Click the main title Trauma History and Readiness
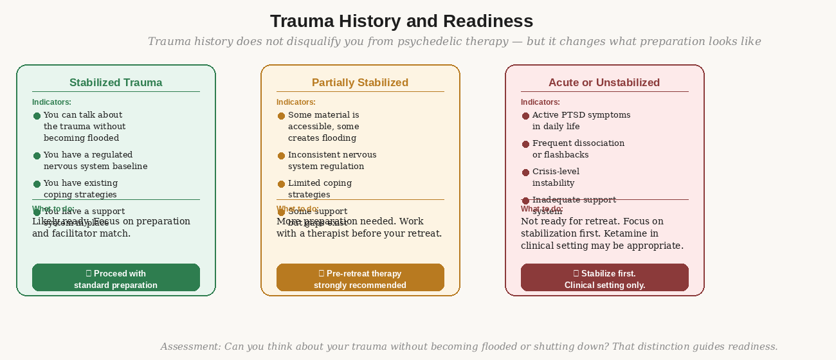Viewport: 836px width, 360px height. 401,21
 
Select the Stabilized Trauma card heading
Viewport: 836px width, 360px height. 116,82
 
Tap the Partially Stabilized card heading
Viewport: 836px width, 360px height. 360,82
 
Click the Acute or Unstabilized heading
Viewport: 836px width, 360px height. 604,82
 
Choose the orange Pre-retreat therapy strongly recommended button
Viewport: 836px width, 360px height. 360,278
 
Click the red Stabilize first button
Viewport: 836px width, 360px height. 604,278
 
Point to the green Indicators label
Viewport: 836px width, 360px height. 51,102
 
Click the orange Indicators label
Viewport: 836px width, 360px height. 296,102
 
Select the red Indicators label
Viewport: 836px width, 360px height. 540,102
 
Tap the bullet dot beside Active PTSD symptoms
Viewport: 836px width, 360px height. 525,116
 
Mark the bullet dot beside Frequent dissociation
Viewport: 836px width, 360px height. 525,144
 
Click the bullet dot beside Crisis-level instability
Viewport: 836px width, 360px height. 525,172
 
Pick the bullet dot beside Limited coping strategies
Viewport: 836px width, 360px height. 281,184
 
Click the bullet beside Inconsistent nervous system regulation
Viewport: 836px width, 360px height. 281,156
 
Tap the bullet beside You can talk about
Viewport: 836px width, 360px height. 37,116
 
